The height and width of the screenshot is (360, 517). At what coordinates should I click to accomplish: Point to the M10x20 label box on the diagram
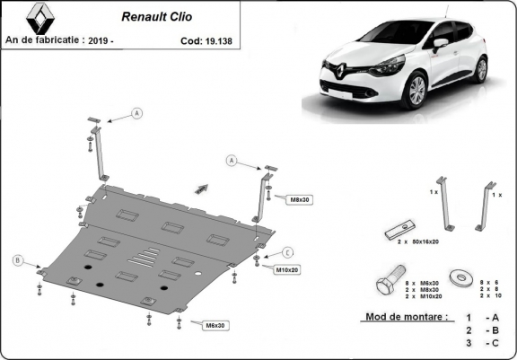tap(286, 268)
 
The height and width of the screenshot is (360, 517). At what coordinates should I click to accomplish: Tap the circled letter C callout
tap(288, 251)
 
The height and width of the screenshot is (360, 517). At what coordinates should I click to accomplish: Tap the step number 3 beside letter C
tap(468, 344)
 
